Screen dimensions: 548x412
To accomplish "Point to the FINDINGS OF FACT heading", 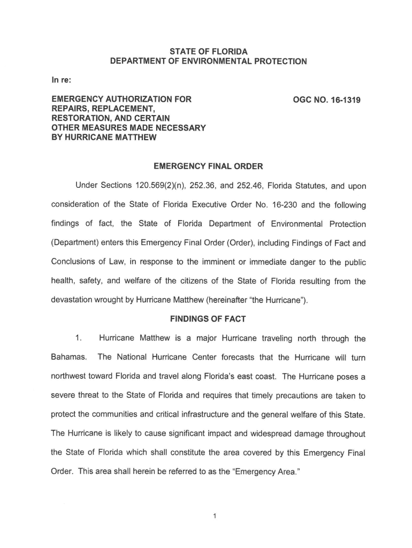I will click(x=208, y=319).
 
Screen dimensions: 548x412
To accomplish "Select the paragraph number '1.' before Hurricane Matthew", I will click(x=79, y=338).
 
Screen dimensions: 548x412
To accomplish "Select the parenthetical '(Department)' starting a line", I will click(x=77, y=243).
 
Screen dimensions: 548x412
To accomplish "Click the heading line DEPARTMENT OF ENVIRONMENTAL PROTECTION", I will click(x=208, y=62).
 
